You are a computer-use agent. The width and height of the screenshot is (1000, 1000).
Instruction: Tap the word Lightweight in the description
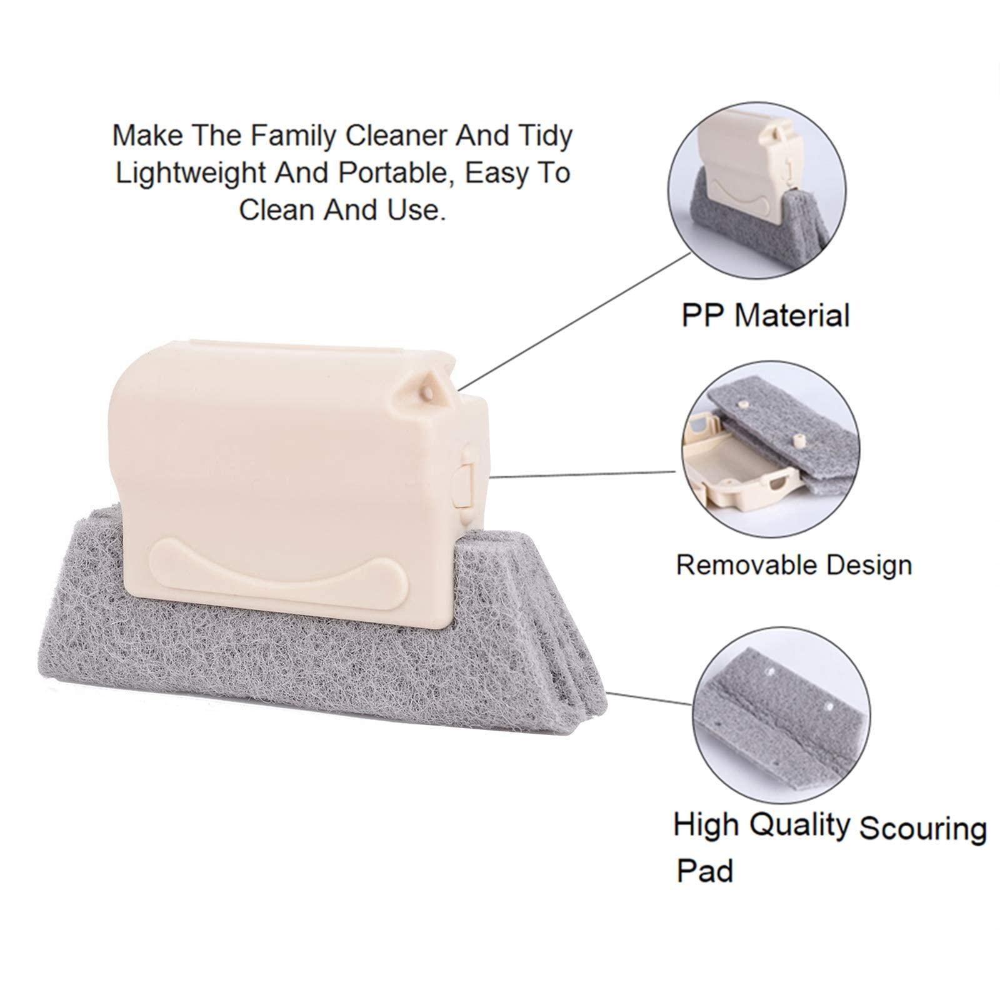point(180,173)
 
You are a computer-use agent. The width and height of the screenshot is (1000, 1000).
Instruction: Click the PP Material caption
point(765,315)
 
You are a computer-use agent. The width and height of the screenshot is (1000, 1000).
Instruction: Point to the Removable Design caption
point(794,565)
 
